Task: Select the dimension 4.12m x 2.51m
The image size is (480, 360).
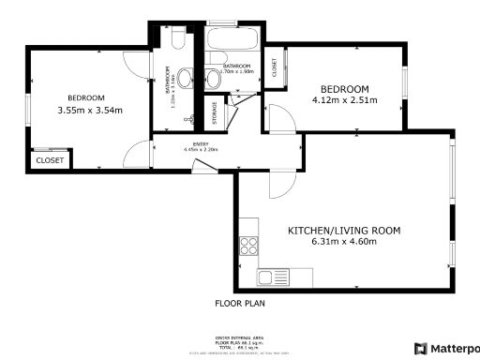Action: (x=344, y=100)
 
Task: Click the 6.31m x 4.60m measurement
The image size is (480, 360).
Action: (x=344, y=241)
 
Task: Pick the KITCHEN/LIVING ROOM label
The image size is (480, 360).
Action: (x=344, y=230)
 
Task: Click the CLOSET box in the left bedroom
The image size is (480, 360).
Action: (x=50, y=160)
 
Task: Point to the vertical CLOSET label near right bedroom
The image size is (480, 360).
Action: (x=275, y=67)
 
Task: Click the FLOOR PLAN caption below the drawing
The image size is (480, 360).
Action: (x=241, y=304)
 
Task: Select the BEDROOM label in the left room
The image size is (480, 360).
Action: (x=85, y=98)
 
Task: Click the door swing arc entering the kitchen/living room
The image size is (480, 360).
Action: (x=279, y=187)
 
